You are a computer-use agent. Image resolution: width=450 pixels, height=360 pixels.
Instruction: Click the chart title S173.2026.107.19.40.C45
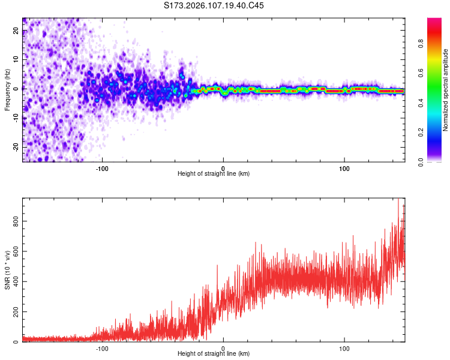click(214, 5)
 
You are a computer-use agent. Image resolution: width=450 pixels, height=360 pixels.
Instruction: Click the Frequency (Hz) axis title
click(7, 89)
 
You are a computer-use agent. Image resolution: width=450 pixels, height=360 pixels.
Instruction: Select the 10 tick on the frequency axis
click(16, 60)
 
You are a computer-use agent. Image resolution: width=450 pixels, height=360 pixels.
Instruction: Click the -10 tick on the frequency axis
click(16, 118)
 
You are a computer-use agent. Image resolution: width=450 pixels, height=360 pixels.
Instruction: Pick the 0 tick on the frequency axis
click(16, 89)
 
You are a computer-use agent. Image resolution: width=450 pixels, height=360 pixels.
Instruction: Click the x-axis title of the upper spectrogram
click(214, 174)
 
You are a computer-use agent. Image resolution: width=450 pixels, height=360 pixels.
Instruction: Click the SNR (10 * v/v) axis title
click(7, 270)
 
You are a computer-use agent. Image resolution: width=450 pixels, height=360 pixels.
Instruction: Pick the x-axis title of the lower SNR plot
click(214, 354)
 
